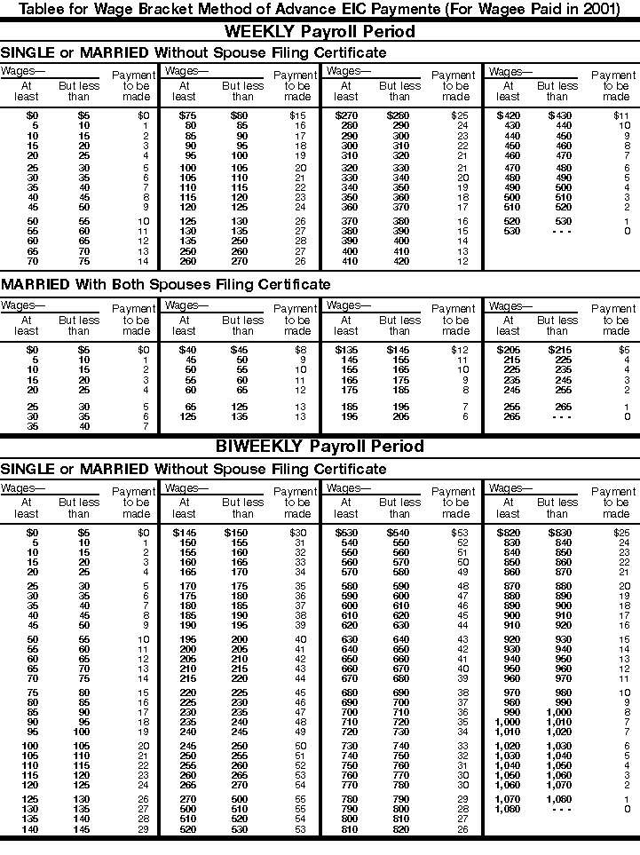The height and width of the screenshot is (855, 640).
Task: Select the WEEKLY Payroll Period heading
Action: click(x=320, y=31)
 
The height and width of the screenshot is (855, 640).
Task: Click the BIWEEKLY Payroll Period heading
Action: click(x=320, y=447)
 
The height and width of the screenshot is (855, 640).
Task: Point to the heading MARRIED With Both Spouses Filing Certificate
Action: click(x=165, y=285)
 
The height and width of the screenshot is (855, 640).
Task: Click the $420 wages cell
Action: click(x=509, y=115)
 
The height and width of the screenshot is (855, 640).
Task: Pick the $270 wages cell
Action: click(x=345, y=115)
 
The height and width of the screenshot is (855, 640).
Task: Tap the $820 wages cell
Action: click(x=509, y=532)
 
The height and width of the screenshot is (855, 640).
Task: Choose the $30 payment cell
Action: click(x=298, y=532)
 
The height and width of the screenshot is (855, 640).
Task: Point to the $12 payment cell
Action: click(x=459, y=351)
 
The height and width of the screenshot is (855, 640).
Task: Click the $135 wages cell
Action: click(x=345, y=351)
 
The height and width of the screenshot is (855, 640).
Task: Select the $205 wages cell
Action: click(x=509, y=351)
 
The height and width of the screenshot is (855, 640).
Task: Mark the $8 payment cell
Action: click(x=300, y=351)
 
